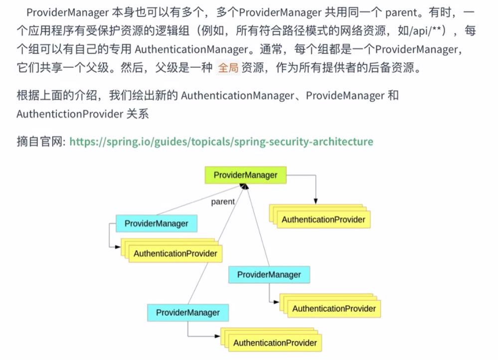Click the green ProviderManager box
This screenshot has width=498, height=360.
coord(245,175)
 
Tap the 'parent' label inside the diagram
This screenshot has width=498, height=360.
coord(222,202)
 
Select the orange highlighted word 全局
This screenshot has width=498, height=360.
coord(228,68)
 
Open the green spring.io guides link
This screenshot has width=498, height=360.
coord(221,142)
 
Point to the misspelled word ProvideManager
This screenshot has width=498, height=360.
coord(345,95)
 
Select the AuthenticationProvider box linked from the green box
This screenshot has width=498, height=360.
coord(323,219)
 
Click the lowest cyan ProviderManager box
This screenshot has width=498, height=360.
coord(187,313)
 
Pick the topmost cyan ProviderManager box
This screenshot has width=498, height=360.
coord(156,223)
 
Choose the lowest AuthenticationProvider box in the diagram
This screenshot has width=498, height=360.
coord(275,343)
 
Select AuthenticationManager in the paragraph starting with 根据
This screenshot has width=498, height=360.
coord(237,95)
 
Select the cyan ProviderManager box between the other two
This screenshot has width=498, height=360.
coord(269,275)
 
